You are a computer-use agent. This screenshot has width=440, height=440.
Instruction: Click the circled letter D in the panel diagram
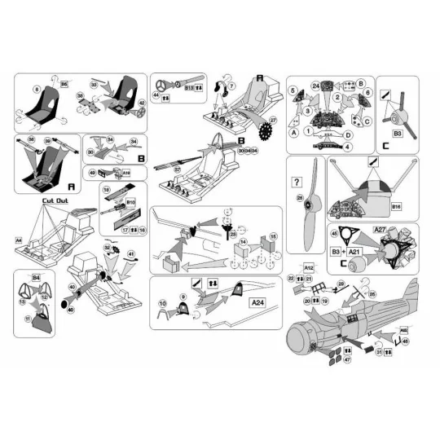[348, 134]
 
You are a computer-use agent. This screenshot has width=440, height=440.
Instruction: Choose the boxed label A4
[18, 240]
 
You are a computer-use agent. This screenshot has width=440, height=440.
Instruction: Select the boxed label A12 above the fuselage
[309, 266]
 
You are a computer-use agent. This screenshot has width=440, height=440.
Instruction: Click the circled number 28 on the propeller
[300, 198]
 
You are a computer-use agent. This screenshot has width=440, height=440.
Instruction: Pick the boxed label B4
[35, 278]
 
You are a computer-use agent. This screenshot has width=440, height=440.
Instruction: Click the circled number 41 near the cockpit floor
[131, 255]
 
